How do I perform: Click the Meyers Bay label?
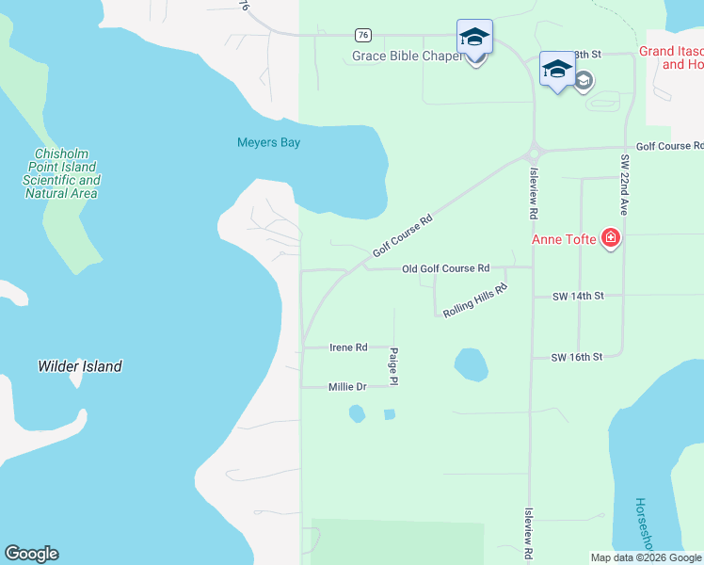coord(268,143)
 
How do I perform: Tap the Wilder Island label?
coord(80,366)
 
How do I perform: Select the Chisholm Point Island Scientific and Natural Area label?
coord(61,173)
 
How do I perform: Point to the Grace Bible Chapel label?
coord(407,56)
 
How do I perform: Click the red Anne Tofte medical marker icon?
coord(611,238)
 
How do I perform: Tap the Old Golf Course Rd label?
coord(445,269)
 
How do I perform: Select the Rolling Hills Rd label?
coord(475,302)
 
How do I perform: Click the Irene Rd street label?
coord(348,347)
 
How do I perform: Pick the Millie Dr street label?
coord(347,387)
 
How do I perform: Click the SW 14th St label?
coord(577,297)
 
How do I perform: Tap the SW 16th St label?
coord(576,358)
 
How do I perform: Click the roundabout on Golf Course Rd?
coord(534,151)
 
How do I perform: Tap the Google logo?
coord(31,554)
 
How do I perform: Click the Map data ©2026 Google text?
coord(646,557)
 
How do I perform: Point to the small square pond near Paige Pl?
coord(390,414)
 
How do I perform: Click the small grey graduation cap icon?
coord(584,81)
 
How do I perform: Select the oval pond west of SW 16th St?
coord(471,363)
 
